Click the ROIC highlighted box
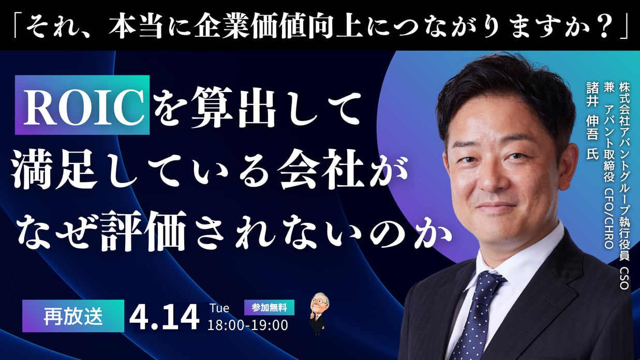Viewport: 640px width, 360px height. (x=82, y=105)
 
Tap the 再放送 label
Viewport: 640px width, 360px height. (x=73, y=316)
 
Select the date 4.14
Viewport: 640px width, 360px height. (x=165, y=317)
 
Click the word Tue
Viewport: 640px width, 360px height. (x=219, y=308)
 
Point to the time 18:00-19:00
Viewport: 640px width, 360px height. (x=247, y=325)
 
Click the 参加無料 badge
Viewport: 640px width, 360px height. (x=269, y=307)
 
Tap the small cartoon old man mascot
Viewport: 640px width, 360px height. (x=318, y=313)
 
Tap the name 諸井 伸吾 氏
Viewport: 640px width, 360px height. (x=592, y=121)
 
